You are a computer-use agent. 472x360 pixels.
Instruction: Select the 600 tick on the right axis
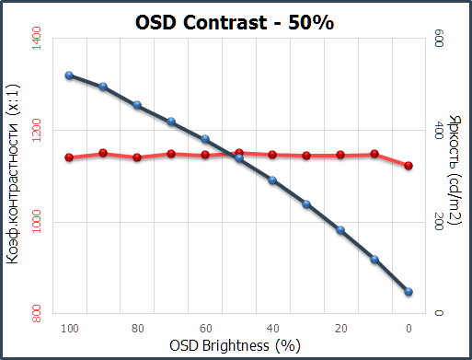click(x=439, y=38)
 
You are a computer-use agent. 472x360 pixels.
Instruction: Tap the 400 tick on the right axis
click(x=439, y=130)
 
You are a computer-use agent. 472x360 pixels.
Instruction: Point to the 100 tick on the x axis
click(x=69, y=328)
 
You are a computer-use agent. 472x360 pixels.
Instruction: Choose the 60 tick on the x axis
click(x=205, y=328)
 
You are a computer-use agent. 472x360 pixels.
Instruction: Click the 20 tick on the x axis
click(x=340, y=328)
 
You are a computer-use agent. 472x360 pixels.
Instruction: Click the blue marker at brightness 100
click(x=69, y=75)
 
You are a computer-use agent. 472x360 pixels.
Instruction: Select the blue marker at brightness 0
click(x=409, y=292)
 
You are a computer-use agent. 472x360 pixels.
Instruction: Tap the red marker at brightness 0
click(x=409, y=166)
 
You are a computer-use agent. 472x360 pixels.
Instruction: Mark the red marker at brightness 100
click(x=69, y=157)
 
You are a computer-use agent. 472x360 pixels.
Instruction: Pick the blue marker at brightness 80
click(x=137, y=105)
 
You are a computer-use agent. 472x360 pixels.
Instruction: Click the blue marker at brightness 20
click(x=340, y=230)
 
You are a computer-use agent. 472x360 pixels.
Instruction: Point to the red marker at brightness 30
click(x=306, y=156)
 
